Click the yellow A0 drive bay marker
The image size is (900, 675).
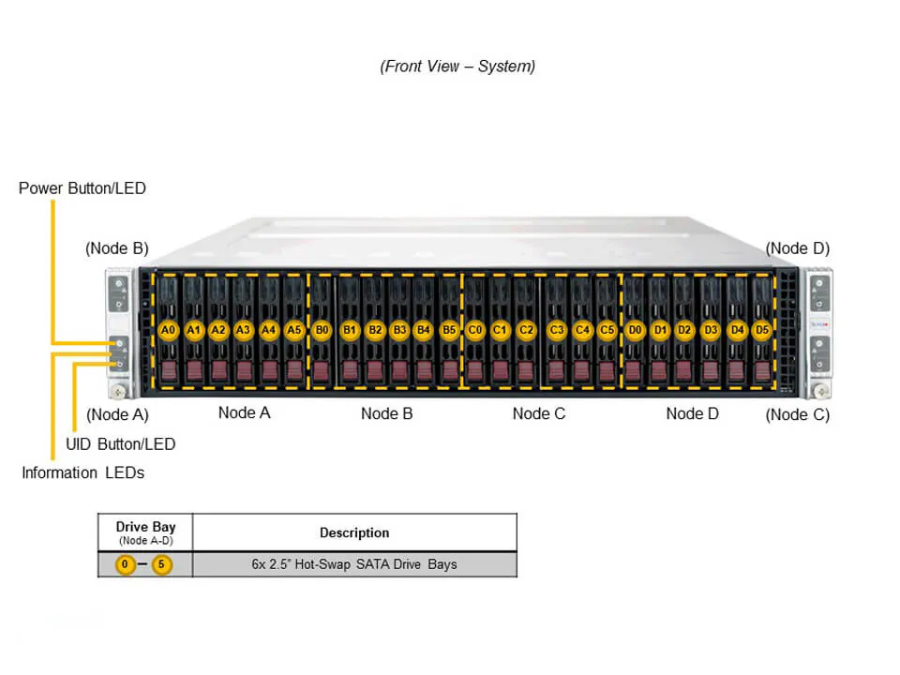click(x=169, y=330)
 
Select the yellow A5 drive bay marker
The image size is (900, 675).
click(x=293, y=330)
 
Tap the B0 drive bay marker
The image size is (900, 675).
click(x=322, y=330)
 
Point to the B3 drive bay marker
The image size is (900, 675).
click(x=399, y=330)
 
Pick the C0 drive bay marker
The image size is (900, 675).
click(x=475, y=330)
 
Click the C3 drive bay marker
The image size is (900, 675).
click(x=557, y=330)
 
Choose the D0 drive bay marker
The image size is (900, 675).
click(x=635, y=330)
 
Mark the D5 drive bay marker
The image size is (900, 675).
click(x=762, y=330)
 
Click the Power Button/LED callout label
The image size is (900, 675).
click(x=82, y=188)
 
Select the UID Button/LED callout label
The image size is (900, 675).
click(x=120, y=443)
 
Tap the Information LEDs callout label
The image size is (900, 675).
click(x=82, y=472)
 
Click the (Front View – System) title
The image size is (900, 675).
click(x=457, y=67)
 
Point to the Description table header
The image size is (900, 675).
click(x=354, y=532)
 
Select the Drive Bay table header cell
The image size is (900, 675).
click(x=145, y=532)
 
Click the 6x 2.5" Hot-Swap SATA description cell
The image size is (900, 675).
click(x=354, y=564)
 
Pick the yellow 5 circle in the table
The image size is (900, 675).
click(x=162, y=564)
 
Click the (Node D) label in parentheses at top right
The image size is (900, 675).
click(x=797, y=248)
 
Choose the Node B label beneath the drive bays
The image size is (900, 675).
click(x=386, y=413)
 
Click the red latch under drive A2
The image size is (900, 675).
click(x=218, y=370)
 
